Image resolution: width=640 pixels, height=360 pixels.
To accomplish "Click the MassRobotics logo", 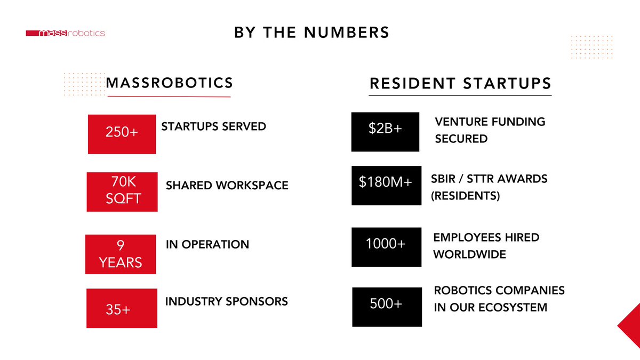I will click(65, 33).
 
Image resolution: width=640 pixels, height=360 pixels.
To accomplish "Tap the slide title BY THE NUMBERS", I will click(312, 33).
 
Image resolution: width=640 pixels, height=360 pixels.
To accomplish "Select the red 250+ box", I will click(122, 134).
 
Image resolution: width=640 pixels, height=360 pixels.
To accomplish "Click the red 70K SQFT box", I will click(122, 191).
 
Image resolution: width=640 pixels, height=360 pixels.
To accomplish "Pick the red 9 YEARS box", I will click(121, 254).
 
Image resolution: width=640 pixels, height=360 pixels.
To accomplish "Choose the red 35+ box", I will click(122, 308).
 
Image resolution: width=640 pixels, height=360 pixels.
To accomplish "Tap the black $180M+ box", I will click(386, 186).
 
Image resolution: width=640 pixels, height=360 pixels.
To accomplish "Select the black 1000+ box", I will click(386, 247).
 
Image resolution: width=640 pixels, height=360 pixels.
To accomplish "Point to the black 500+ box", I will click(386, 307).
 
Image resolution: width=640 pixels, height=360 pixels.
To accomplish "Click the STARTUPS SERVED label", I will click(213, 126).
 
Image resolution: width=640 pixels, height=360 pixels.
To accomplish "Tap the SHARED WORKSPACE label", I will click(227, 186).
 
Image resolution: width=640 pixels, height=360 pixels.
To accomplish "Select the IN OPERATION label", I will click(207, 244).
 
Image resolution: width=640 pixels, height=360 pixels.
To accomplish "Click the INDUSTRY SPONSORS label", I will click(227, 301).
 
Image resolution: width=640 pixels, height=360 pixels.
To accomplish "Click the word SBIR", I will click(444, 179).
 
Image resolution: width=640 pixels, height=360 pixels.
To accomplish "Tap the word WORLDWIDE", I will click(469, 254).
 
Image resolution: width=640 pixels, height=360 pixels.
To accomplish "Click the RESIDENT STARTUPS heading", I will click(460, 84).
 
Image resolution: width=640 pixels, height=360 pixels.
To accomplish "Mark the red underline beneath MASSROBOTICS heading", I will click(169, 97).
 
